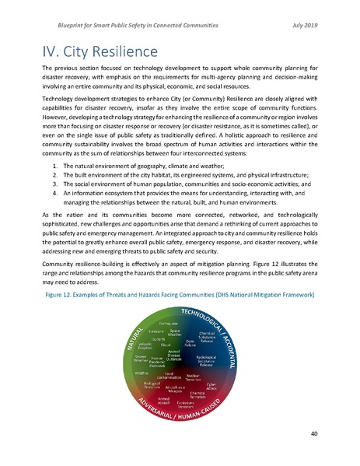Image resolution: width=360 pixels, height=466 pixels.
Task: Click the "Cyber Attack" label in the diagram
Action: (212, 384)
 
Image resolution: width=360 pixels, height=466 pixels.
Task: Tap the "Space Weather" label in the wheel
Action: (175, 331)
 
